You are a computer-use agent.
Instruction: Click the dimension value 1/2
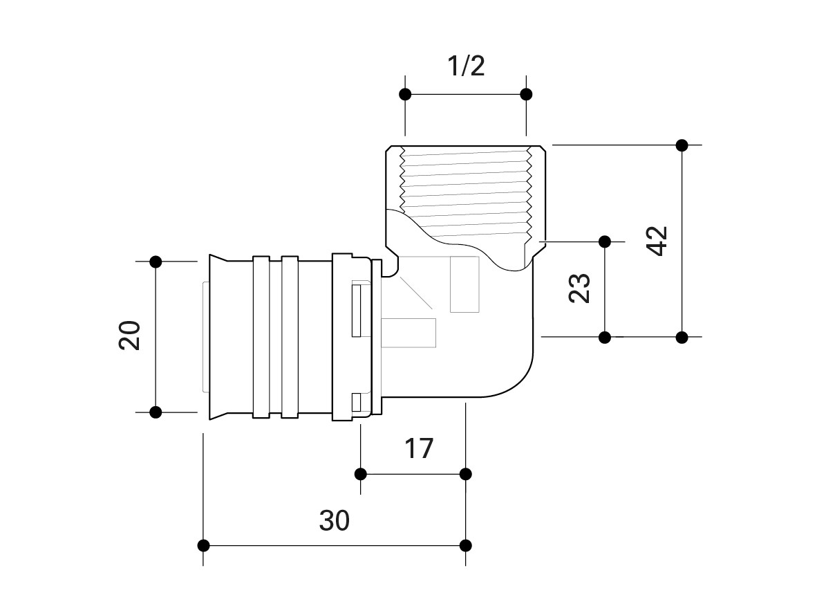pyautogui.click(x=466, y=66)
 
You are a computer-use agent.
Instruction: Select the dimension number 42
pyautogui.click(x=658, y=241)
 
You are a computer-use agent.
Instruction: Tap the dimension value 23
pyautogui.click(x=580, y=289)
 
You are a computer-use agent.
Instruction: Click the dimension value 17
pyautogui.click(x=419, y=448)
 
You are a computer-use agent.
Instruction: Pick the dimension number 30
pyautogui.click(x=335, y=520)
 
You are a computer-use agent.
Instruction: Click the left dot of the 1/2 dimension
pyautogui.click(x=406, y=94)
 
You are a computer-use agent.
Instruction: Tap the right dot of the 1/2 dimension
pyautogui.click(x=526, y=94)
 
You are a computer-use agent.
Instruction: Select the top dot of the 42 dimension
pyautogui.click(x=682, y=145)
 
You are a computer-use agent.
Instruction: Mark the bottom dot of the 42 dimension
pyautogui.click(x=682, y=338)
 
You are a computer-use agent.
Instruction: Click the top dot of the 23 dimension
pyautogui.click(x=605, y=241)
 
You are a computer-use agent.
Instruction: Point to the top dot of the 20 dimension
pyautogui.click(x=156, y=262)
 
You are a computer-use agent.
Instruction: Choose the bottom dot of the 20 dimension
pyautogui.click(x=156, y=412)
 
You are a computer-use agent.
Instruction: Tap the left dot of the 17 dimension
pyautogui.click(x=360, y=474)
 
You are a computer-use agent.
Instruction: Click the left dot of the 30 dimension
pyautogui.click(x=204, y=545)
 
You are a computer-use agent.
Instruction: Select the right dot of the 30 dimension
pyautogui.click(x=466, y=545)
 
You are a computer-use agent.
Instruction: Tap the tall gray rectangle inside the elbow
pyautogui.click(x=464, y=284)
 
